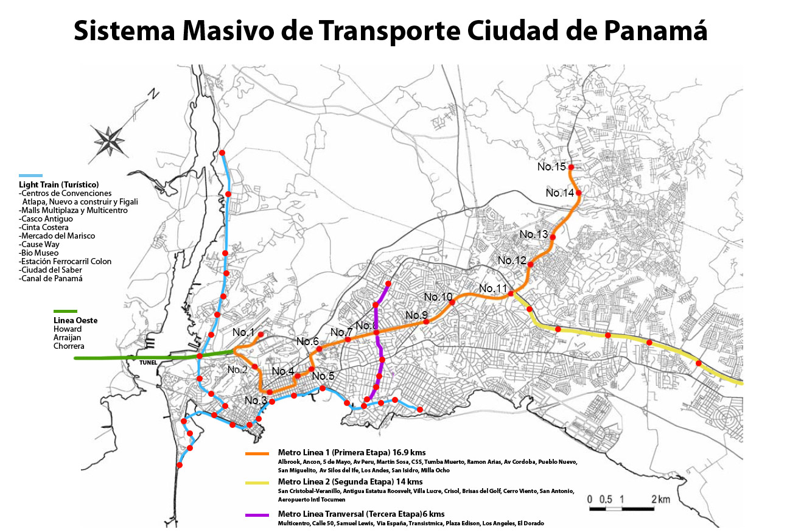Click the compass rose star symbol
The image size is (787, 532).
click(108, 139)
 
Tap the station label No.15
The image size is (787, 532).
click(551, 167)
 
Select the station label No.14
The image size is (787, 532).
click(560, 193)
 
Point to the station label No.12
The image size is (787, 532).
click(512, 261)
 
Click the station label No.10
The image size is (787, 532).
click(438, 297)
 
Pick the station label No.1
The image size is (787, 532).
click(243, 332)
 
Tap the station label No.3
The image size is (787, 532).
click(256, 401)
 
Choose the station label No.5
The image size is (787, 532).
click(323, 376)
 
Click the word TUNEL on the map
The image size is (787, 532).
click(148, 363)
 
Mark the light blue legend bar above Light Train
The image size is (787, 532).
click(30, 175)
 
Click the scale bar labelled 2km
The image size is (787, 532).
click(621, 507)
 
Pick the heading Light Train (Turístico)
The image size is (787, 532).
click(58, 184)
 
